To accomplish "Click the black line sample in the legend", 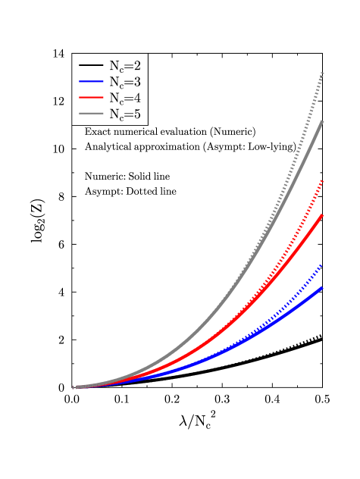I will [x=91, y=65].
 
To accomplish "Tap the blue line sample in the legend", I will [x=91, y=81].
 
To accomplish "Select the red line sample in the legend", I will [x=91, y=98].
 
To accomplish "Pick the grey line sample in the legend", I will [x=91, y=114].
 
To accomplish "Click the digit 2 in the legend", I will [x=136, y=65].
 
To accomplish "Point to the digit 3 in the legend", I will [x=136, y=81].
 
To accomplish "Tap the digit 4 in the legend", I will [x=136, y=98].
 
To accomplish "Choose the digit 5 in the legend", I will [x=136, y=114].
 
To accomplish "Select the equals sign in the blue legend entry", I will [x=128, y=82].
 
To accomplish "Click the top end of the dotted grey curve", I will [x=323, y=73].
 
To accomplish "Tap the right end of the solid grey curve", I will [x=323, y=121].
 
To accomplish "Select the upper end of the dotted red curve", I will [x=323, y=180].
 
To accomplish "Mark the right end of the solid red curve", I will [x=323, y=215].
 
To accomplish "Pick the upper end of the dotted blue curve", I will [x=322, y=265].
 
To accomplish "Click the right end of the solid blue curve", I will [x=323, y=287].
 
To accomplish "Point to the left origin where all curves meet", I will [x=74, y=387].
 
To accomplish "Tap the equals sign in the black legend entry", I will [x=128, y=66].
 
